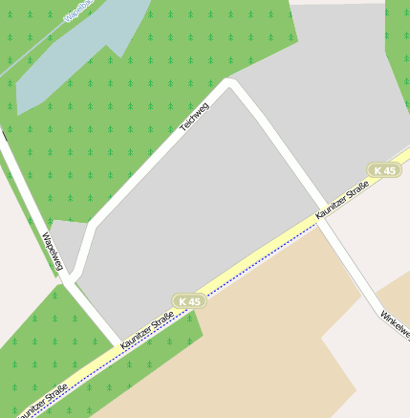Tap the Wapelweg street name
(x=53, y=251)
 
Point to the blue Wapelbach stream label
(x=78, y=11)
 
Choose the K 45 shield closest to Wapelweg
(x=189, y=301)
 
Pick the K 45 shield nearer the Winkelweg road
(x=384, y=170)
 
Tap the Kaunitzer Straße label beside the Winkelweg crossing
(x=342, y=203)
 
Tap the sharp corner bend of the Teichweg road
(x=229, y=83)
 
